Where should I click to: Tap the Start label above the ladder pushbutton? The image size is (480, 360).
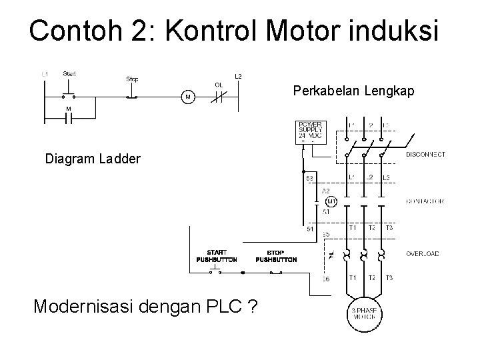click(69, 73)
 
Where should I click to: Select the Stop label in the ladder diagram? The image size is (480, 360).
click(133, 79)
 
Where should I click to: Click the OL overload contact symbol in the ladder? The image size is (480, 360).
click(219, 97)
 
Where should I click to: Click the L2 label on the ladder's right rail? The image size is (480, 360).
click(238, 76)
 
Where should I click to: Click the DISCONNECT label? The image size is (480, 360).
click(425, 155)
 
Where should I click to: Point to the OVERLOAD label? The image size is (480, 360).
click(423, 253)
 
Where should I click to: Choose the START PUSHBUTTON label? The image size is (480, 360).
click(216, 256)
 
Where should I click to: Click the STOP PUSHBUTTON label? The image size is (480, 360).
click(276, 256)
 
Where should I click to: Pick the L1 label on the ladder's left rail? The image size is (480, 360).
click(44, 73)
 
